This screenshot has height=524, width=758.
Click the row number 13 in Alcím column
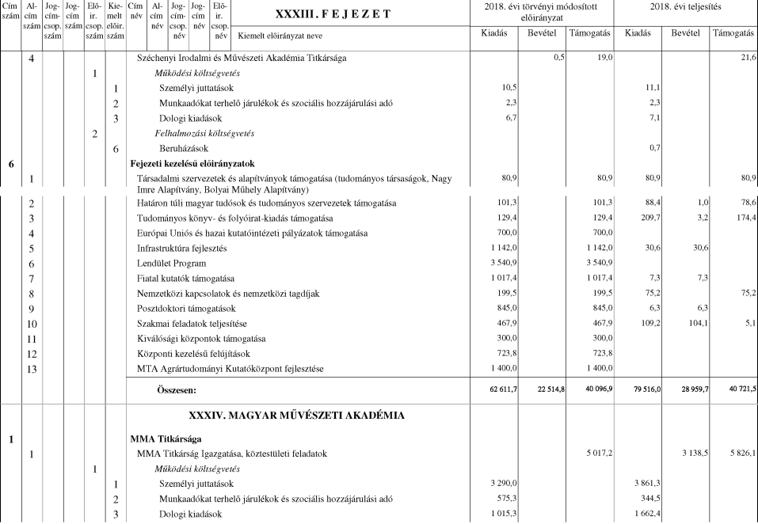tap(31, 368)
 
